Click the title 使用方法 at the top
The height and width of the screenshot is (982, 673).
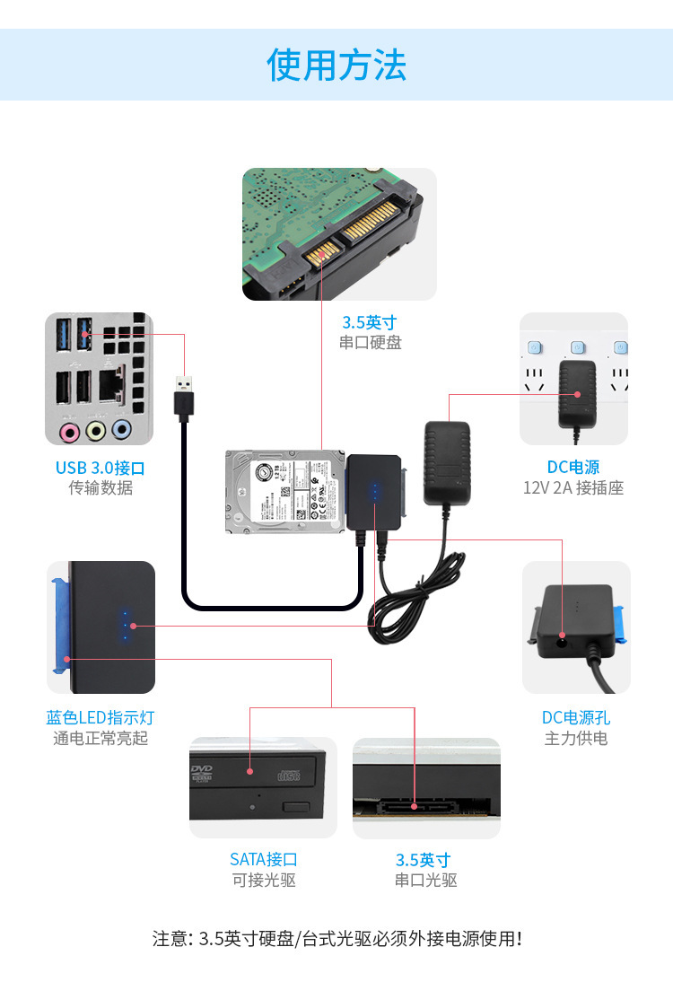pyautogui.click(x=336, y=66)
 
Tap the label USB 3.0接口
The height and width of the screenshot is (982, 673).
pyautogui.click(x=100, y=468)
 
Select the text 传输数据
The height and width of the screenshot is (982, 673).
pyautogui.click(x=100, y=488)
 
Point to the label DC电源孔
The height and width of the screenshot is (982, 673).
pyautogui.click(x=575, y=718)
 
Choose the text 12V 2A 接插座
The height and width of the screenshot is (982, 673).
pyautogui.click(x=573, y=488)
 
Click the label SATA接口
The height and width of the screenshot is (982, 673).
pyautogui.click(x=263, y=860)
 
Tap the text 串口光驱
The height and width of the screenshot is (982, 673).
pyautogui.click(x=425, y=881)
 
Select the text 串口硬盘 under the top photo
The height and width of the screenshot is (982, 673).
pyautogui.click(x=370, y=342)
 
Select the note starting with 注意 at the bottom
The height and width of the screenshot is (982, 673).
pyautogui.click(x=336, y=939)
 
